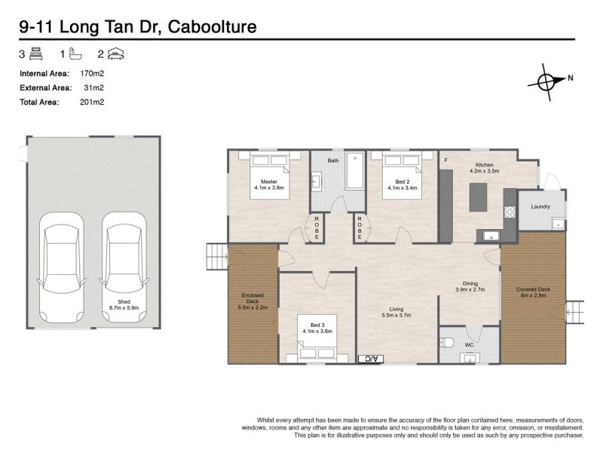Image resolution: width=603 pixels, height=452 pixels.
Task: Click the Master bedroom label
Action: click(269, 182)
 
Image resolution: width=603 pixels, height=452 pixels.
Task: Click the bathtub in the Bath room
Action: click(354, 172)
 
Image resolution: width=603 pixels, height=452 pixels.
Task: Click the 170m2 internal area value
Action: click(92, 74)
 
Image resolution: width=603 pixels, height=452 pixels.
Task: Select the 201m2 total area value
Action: click(92, 102)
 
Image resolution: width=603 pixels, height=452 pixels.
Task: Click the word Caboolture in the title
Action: click(213, 26)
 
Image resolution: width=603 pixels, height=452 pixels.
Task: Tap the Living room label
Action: click(396, 309)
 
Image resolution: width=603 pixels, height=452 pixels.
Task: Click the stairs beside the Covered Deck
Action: click(574, 311)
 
